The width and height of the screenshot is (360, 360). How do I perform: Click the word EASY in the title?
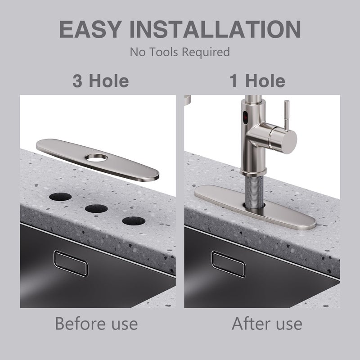90,29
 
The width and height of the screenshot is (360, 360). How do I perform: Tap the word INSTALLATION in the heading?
215,29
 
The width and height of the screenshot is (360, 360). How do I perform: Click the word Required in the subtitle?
206,52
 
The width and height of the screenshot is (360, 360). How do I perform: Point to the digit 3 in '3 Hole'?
77,81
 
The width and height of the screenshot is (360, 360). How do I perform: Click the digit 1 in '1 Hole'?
234,81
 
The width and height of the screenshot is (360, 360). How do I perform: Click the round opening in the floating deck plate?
96,158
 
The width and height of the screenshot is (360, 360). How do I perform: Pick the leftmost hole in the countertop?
60,197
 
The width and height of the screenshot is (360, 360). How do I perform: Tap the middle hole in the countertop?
96,208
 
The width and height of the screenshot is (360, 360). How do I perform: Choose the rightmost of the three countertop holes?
134,221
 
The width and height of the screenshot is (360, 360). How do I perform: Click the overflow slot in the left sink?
71,264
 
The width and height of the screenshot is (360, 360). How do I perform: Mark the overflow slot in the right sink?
228,264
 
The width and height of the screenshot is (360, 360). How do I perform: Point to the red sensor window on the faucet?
245,117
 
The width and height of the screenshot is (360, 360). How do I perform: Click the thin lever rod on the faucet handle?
287,115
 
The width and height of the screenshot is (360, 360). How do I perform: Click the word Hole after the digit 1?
265,81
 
